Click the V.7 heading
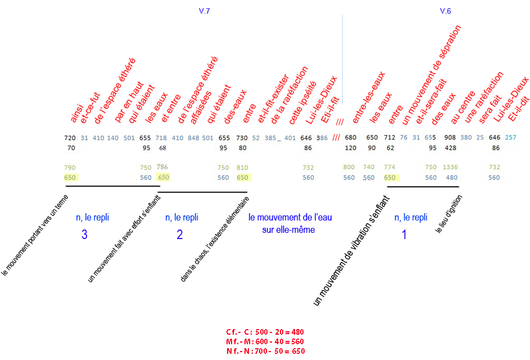pyautogui.click(x=205, y=11)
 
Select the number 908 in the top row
pyautogui.click(x=450, y=138)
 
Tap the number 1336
pyautogui.click(x=451, y=167)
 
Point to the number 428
pyautogui.click(x=450, y=148)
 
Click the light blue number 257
pyautogui.click(x=510, y=138)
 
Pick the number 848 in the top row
pyautogui.click(x=193, y=138)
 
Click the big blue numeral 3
pyautogui.click(x=84, y=235)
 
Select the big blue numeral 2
pyautogui.click(x=180, y=235)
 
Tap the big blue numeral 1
pyautogui.click(x=404, y=235)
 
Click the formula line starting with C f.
pyautogui.click(x=265, y=332)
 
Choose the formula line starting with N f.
pyautogui.click(x=265, y=350)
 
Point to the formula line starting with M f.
pyautogui.click(x=265, y=341)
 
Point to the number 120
pyautogui.click(x=351, y=148)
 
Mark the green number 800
pyautogui.click(x=349, y=167)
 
